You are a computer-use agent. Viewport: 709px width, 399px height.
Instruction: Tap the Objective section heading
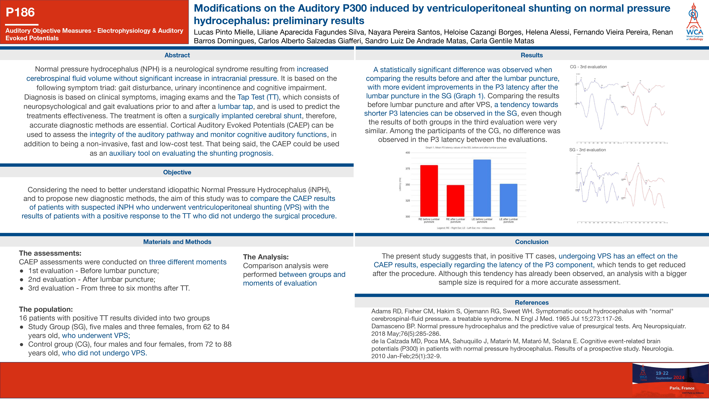[177, 172]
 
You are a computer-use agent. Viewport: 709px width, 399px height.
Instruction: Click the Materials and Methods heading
[177, 242]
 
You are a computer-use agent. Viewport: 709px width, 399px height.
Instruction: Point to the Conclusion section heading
[532, 242]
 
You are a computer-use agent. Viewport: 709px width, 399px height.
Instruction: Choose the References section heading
[532, 302]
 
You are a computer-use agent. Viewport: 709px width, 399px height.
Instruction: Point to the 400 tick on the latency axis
[408, 152]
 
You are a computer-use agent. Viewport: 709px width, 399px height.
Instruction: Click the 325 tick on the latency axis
[408, 200]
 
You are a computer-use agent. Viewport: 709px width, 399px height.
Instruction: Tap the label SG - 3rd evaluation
[587, 150]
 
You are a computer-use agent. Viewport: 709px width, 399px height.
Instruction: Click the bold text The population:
[46, 309]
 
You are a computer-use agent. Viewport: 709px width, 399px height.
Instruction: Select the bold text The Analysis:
[266, 257]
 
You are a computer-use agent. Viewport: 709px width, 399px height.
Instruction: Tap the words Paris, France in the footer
[682, 388]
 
